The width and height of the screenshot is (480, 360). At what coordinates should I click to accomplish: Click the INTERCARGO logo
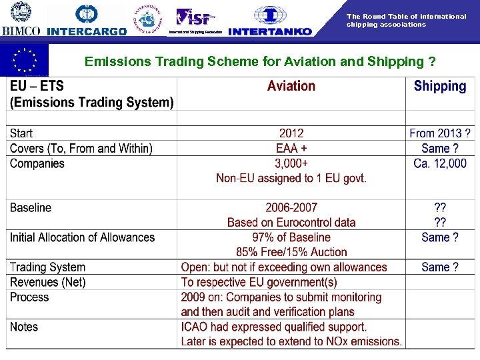87,20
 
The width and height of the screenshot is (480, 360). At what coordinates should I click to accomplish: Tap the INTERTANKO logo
270,20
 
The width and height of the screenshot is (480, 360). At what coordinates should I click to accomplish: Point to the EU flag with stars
25,60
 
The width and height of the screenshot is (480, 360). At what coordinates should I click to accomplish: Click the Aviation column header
291,86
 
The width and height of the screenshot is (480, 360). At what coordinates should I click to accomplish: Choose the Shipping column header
440,86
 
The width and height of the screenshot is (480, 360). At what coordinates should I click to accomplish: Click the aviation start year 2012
291,133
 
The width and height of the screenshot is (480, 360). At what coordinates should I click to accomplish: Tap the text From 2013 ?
440,133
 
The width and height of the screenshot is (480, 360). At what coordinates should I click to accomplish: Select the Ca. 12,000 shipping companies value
440,163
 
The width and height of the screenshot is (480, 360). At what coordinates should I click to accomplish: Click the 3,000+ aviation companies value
291,163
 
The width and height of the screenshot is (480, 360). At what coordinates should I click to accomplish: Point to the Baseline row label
31,207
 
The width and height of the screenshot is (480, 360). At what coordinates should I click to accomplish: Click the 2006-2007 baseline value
291,207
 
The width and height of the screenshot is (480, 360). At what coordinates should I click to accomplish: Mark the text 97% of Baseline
291,237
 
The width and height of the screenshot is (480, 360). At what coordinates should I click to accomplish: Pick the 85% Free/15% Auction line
291,252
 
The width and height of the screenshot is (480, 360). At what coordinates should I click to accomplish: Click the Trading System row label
48,267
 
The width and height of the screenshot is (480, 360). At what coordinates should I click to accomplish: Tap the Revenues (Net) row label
48,282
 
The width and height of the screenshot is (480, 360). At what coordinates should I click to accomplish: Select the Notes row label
24,327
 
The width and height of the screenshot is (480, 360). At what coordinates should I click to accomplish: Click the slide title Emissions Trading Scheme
260,62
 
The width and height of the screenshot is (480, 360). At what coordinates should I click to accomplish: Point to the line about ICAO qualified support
274,327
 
